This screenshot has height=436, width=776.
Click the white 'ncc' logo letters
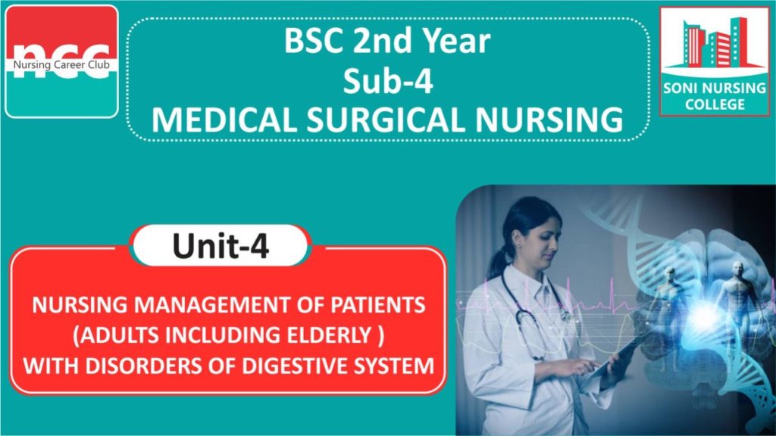tap(61, 61)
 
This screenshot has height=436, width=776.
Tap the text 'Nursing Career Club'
tap(61, 65)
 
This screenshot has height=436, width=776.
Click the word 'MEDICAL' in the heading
tap(224, 120)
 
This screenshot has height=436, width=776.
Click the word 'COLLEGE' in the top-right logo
tap(715, 104)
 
